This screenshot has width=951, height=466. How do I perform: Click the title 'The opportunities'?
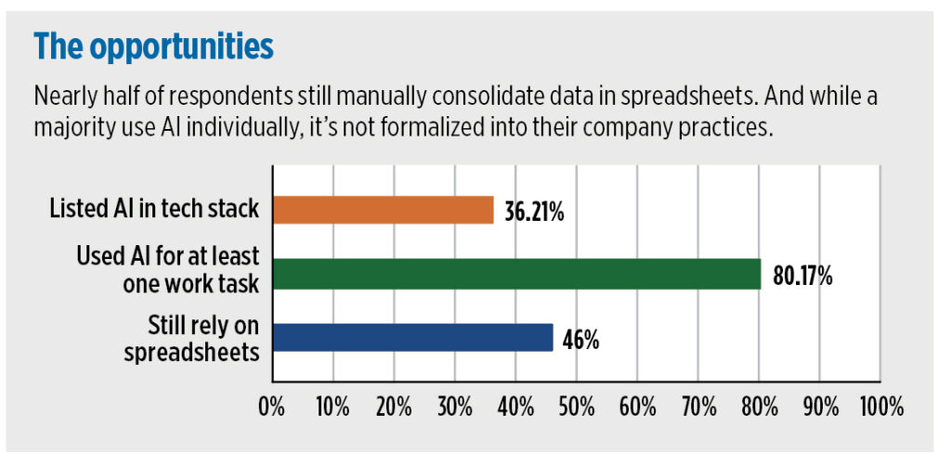(153, 45)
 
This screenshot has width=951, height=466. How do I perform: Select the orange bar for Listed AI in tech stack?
(383, 211)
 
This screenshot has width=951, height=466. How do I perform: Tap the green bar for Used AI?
(516, 274)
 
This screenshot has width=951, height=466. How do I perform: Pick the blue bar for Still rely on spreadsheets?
(412, 337)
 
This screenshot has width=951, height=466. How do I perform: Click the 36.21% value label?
(534, 212)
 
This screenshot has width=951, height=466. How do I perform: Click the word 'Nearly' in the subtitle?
(66, 96)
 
